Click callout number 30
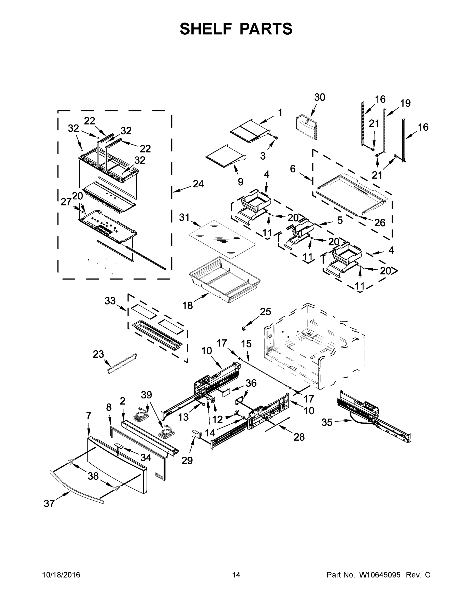tap(319, 97)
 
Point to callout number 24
tap(198, 184)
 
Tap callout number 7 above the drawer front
tap(89, 416)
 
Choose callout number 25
tap(265, 312)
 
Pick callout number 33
tap(110, 301)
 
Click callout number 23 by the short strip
tap(98, 354)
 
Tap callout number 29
tap(187, 460)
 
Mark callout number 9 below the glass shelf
tap(240, 182)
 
